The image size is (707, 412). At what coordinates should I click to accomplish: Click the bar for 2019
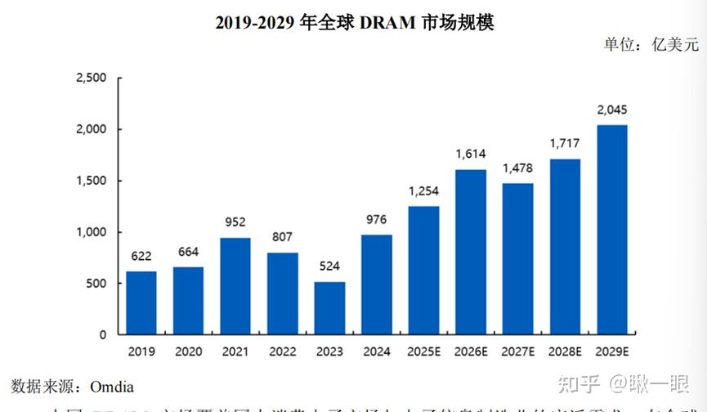pyautogui.click(x=141, y=302)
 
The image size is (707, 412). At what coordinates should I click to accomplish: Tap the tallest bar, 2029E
pyautogui.click(x=612, y=230)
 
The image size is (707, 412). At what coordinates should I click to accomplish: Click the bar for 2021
pyautogui.click(x=235, y=286)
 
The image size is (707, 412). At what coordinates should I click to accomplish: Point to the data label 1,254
pyautogui.click(x=423, y=191)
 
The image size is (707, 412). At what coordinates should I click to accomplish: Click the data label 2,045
pyautogui.click(x=612, y=110)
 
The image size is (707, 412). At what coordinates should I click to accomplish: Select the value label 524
pyautogui.click(x=329, y=266)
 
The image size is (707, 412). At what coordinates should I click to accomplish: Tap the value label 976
pyautogui.click(x=377, y=219)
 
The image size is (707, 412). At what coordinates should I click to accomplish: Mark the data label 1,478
pyautogui.click(x=518, y=168)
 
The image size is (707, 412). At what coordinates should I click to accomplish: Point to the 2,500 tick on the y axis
pyautogui.click(x=91, y=78)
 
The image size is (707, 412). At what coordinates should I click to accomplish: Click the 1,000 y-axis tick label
pyautogui.click(x=91, y=232)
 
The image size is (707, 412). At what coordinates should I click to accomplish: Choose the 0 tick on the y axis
pyautogui.click(x=102, y=335)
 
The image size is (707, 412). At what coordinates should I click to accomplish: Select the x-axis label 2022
pyautogui.click(x=282, y=352)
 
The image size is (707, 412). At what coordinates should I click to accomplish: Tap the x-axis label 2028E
pyautogui.click(x=565, y=352)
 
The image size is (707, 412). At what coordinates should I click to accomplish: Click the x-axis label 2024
pyautogui.click(x=377, y=352)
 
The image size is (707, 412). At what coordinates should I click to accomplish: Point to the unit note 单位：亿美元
pyautogui.click(x=651, y=45)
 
